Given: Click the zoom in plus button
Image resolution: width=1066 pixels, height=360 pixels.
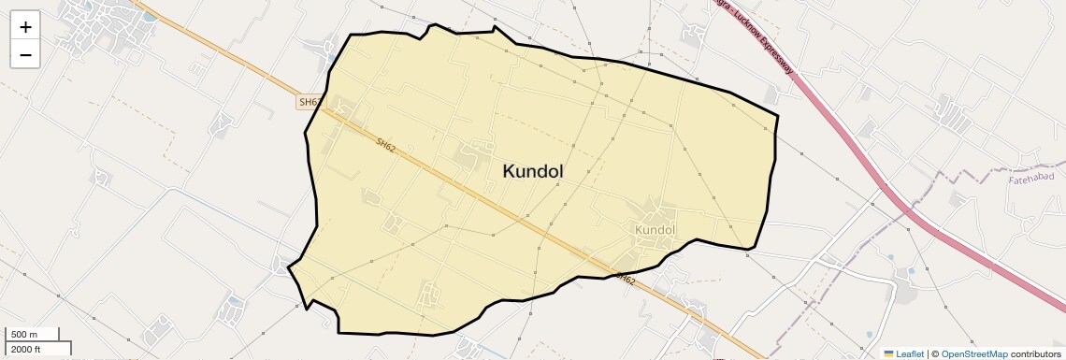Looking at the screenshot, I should tap(25, 27).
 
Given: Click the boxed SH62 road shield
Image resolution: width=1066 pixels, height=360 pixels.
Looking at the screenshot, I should tap(310, 102).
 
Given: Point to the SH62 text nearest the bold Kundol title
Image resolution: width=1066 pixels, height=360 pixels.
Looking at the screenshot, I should tap(387, 148).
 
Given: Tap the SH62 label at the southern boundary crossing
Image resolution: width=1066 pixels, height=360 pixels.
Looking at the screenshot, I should tap(626, 279).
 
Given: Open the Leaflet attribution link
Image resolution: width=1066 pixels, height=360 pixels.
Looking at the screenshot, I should tap(910, 353).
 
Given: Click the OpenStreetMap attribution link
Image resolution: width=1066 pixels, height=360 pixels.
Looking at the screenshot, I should tap(973, 353).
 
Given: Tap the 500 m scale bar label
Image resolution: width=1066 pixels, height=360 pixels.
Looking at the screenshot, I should tap(24, 335).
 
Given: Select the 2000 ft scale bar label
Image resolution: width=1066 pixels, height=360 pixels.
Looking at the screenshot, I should tap(26, 349).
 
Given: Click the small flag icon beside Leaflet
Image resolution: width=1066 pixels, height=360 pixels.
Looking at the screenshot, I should tap(888, 353).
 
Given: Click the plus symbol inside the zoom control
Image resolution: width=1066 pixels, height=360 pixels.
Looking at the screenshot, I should tap(25, 27).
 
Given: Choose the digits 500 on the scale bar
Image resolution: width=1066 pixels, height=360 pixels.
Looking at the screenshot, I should tap(19, 335).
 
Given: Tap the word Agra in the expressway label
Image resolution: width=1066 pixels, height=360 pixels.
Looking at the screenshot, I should tap(720, 3).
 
